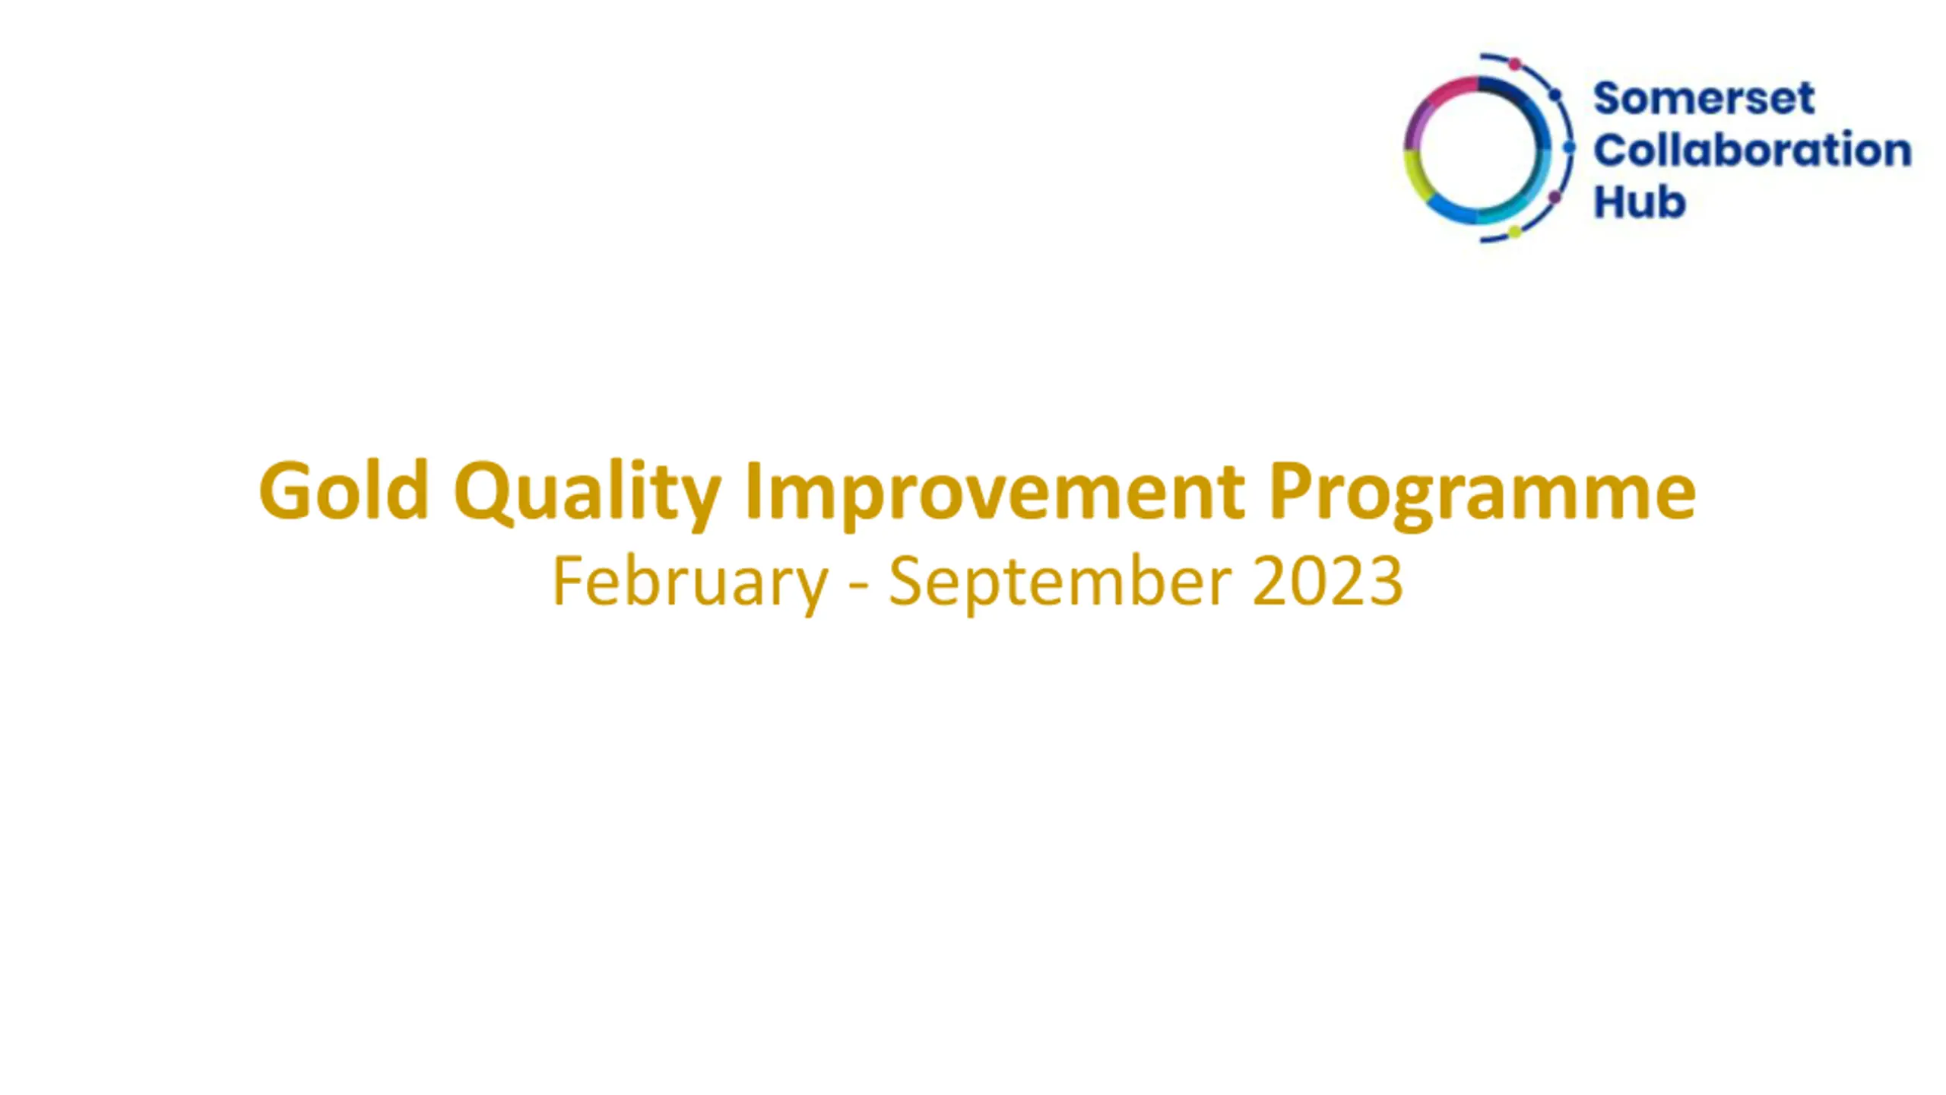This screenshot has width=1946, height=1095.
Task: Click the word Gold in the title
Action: point(344,490)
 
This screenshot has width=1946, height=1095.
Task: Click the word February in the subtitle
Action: point(689,582)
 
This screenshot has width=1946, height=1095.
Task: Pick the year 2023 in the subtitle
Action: point(1327,580)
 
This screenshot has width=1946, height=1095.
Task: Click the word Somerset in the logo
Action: point(1704,99)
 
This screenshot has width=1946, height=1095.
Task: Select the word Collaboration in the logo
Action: point(1752,149)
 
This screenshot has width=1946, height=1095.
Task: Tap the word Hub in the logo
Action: point(1640,202)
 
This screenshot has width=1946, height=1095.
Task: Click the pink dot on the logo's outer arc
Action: point(1514,64)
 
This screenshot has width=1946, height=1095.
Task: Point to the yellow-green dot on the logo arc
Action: point(1514,232)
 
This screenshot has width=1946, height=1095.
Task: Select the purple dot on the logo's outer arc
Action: point(1555,198)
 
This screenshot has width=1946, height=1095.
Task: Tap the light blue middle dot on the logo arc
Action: point(1569,148)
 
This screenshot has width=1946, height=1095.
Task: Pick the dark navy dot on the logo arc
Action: point(1555,95)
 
